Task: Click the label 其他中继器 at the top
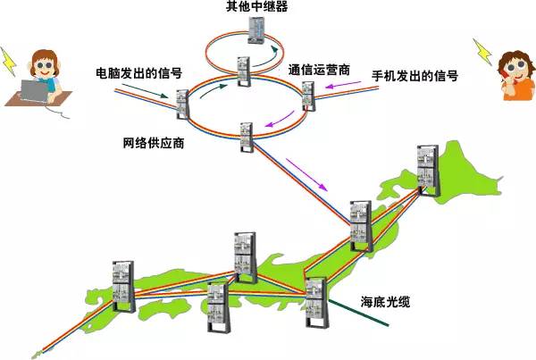tap(255, 8)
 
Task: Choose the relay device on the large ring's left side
tap(183, 104)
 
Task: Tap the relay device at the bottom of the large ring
tap(247, 135)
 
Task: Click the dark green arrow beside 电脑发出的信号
tap(153, 90)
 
